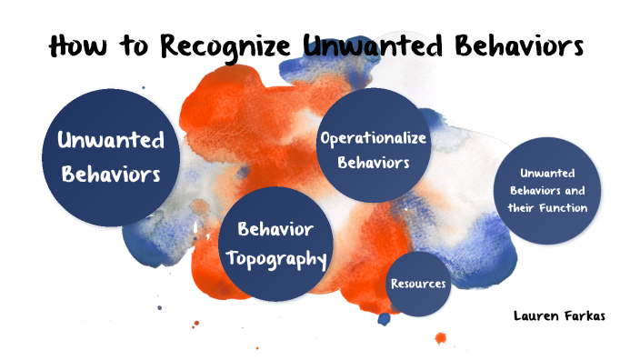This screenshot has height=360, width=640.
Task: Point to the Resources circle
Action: point(418,284)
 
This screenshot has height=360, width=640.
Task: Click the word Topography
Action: point(275,258)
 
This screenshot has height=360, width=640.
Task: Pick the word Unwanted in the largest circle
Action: point(110,140)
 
